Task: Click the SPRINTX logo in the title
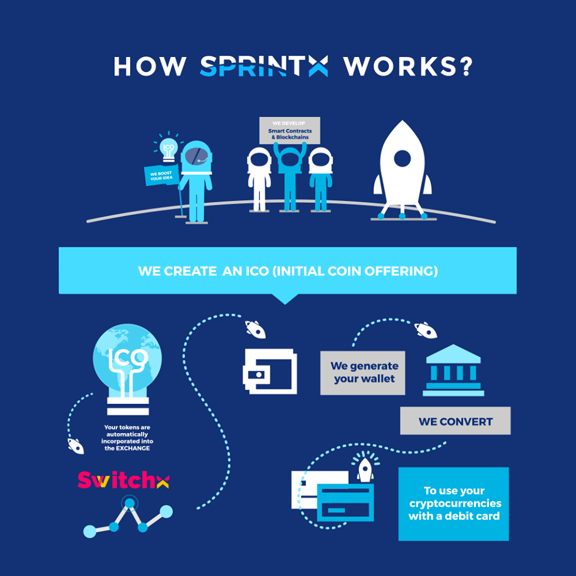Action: coord(263,66)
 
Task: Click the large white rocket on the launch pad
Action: coord(403,168)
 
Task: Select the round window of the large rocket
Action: coord(403,159)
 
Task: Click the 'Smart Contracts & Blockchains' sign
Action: coord(289,130)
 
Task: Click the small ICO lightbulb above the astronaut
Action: coord(169,148)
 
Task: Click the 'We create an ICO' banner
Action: coord(287,271)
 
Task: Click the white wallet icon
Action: coord(269,371)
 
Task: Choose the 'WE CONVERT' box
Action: coord(455,421)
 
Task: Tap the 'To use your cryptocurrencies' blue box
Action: coord(454,503)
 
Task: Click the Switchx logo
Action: coord(123,480)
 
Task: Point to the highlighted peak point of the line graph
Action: coord(128,503)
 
